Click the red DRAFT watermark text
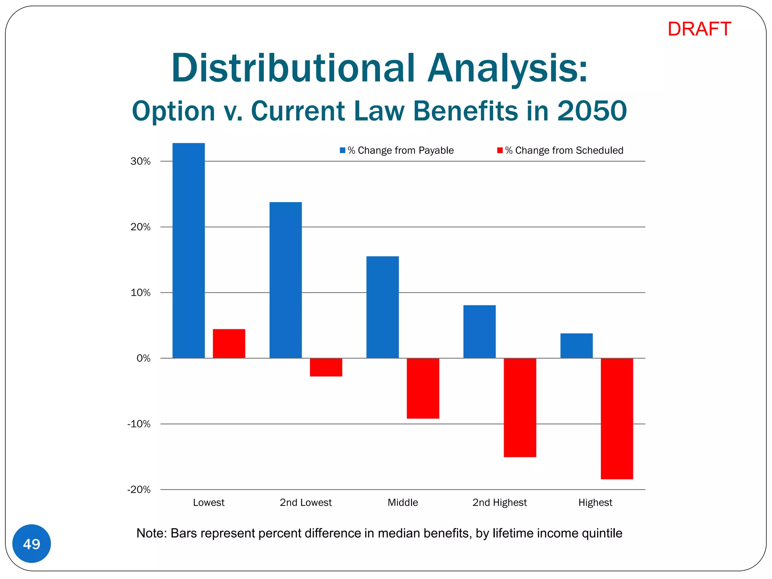point(699,29)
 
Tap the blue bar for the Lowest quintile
point(188,250)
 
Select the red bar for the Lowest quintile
point(229,343)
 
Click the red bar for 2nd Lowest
point(326,367)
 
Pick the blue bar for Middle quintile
point(382,307)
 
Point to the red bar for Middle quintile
point(423,388)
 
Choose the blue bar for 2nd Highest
point(479,331)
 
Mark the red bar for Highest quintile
point(617,418)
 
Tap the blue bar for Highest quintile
point(576,346)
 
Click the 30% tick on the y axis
point(141,162)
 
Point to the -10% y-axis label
point(139,424)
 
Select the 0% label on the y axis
point(143,358)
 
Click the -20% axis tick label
point(139,490)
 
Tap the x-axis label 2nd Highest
point(499,502)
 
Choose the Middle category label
point(403,502)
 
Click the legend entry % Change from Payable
point(400,150)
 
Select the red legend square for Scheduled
point(500,150)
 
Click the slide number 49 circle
point(32,544)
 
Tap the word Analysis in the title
point(507,69)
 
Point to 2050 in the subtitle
point(591,111)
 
